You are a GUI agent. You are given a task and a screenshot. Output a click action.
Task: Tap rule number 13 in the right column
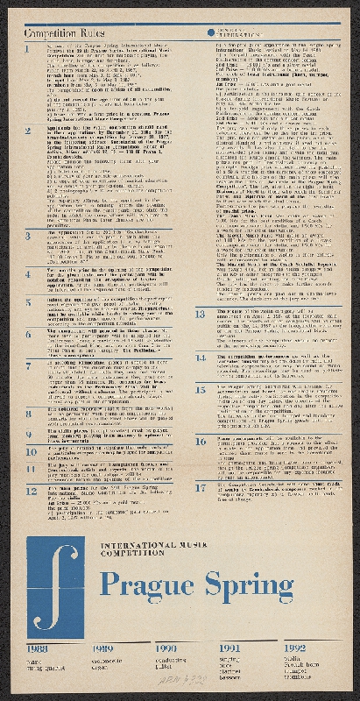click(x=201, y=310)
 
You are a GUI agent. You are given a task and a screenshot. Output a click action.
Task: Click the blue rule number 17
click(x=201, y=487)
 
